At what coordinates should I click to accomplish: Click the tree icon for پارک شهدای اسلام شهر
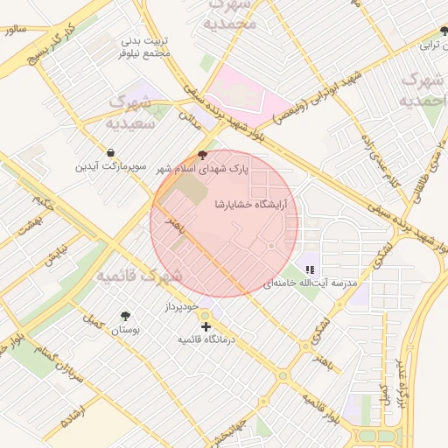click(x=204, y=154)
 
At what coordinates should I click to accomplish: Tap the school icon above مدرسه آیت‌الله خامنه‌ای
click(x=310, y=269)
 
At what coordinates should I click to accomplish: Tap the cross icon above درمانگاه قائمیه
click(x=206, y=326)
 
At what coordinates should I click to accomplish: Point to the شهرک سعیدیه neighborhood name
click(x=128, y=114)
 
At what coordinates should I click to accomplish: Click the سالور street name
click(x=15, y=29)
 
